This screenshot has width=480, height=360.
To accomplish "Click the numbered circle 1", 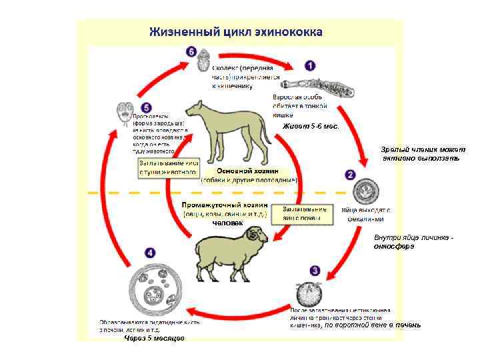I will point(310,66).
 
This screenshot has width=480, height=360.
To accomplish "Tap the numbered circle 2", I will point(351,175).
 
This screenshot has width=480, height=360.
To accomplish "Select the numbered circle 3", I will point(315,271).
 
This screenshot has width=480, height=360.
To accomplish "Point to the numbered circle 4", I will point(150,253).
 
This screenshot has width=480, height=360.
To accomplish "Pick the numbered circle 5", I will point(147,107).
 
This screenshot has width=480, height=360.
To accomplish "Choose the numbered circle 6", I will point(191,51).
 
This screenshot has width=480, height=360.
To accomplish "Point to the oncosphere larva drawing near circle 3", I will point(309,293).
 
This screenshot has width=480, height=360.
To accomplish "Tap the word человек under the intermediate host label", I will point(227,223).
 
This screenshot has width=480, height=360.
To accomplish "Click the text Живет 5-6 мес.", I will point(311,126).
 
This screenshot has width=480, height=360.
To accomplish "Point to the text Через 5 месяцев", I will point(155,338).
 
